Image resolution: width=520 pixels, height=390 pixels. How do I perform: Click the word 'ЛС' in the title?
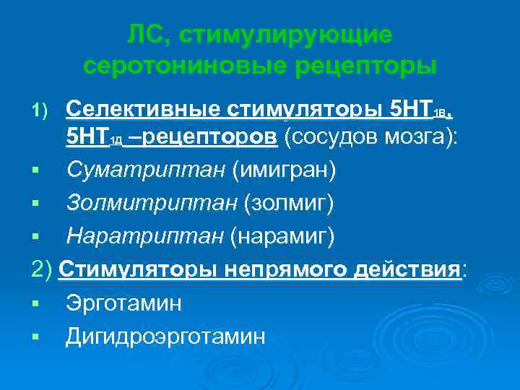147,34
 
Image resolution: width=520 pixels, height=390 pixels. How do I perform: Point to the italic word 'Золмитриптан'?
151,203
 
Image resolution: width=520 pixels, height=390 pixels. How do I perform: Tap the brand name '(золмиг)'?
289,203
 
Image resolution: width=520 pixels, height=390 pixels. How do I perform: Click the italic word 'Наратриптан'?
146,235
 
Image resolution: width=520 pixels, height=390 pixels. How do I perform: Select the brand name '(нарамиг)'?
283,235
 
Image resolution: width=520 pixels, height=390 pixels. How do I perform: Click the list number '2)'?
43,269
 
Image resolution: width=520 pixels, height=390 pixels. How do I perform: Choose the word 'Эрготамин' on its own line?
123,303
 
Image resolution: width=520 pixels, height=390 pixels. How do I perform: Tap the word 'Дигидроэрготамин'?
165,335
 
